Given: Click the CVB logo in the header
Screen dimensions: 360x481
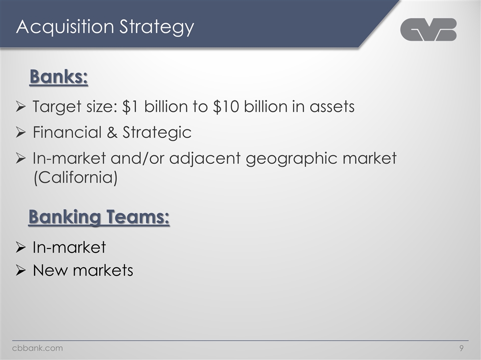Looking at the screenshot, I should (428, 29).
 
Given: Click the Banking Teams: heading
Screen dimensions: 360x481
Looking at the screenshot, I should (99, 217).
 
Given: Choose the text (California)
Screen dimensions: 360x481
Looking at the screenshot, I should (75, 177).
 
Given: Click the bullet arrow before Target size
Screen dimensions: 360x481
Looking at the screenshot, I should (21, 106).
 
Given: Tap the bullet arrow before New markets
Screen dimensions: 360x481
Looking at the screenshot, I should (21, 270).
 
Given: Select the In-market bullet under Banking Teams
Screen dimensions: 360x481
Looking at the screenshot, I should (69, 247).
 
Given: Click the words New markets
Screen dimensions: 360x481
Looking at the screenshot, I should (83, 270).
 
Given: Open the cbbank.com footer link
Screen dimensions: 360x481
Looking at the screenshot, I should (38, 348).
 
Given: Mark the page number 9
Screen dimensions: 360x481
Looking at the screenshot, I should (460, 348).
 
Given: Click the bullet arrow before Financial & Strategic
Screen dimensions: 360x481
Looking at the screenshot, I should (21, 132).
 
